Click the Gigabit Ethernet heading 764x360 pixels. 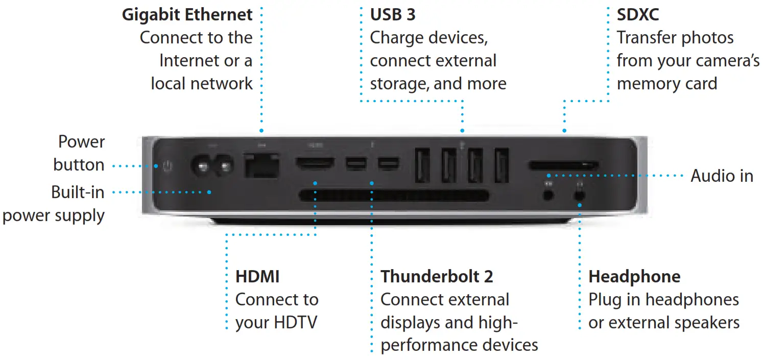click(187, 14)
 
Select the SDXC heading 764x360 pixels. click(638, 14)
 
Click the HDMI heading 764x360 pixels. click(257, 277)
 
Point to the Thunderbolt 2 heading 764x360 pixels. click(437, 277)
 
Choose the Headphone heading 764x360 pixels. click(634, 277)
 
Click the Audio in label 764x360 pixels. click(722, 176)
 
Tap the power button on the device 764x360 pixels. click(168, 166)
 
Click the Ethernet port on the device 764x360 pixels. click(261, 165)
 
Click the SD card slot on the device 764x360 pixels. click(563, 165)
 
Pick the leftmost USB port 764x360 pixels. click(422, 164)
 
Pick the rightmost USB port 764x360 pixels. click(502, 164)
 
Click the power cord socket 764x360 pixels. click(211, 166)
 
